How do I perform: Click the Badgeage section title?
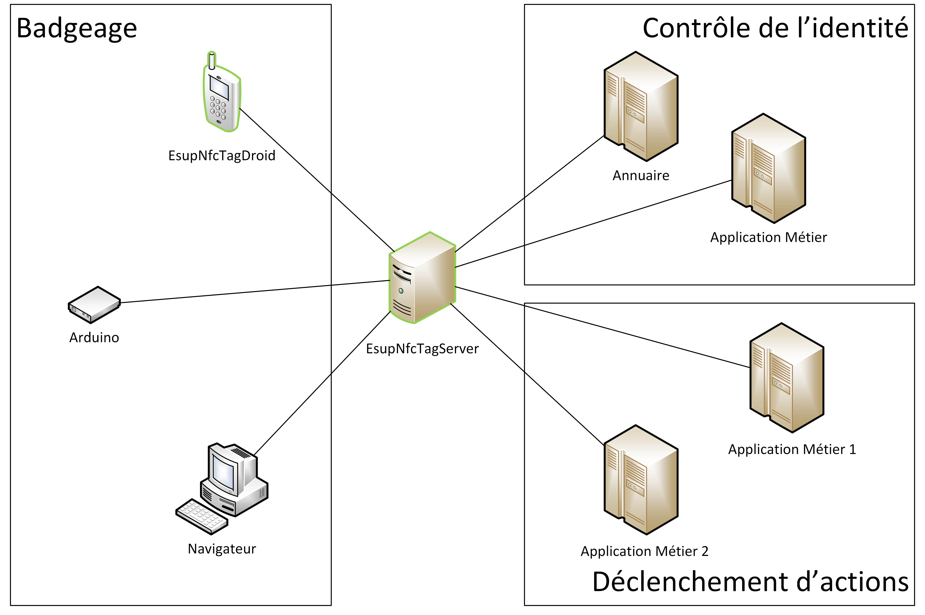point(77,29)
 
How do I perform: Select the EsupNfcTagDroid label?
point(222,156)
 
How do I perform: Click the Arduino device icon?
point(94,305)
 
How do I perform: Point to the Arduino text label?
point(94,338)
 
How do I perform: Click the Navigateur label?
point(222,549)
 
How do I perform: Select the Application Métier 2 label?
point(644,551)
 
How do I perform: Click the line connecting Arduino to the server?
point(255,291)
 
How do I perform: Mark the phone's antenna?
point(212,61)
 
